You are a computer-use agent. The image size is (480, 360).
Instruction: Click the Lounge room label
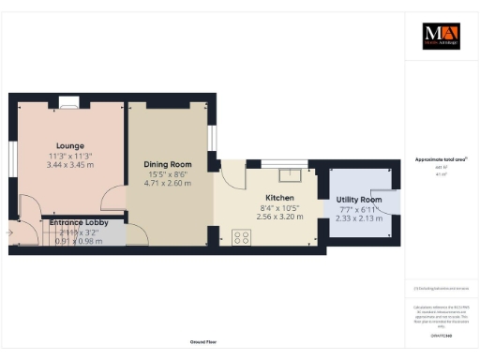[x=69, y=145]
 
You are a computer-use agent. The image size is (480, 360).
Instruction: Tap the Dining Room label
[x=168, y=163]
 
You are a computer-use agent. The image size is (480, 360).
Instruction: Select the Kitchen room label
[x=279, y=198]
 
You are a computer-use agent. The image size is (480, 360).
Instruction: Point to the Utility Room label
[x=358, y=201]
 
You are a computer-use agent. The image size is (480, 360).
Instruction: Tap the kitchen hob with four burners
[x=239, y=237]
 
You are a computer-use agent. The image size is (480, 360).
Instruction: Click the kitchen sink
[x=291, y=173]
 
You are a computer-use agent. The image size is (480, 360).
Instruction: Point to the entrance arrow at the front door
[x=8, y=230]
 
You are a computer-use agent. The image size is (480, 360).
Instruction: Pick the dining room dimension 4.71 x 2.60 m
[x=168, y=183]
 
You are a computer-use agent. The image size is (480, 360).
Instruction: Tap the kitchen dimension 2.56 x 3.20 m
[x=279, y=217]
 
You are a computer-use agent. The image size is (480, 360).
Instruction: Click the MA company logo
[x=442, y=36]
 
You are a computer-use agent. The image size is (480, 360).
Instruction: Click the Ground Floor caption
[x=202, y=342]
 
